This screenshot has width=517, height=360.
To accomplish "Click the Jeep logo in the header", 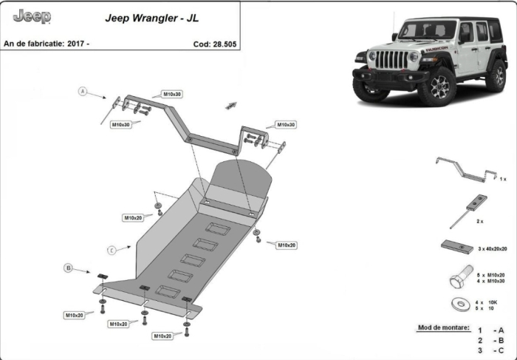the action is (x=32, y=16).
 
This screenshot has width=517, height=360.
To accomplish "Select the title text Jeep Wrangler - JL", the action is (x=152, y=18).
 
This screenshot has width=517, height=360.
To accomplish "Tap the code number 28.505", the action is (x=225, y=44).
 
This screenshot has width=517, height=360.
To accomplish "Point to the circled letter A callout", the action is (x=83, y=91).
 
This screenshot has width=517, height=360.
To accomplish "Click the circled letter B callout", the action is (x=68, y=268).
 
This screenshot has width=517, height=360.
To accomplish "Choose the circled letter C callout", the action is (x=112, y=251).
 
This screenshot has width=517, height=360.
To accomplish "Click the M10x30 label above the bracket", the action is (x=172, y=95).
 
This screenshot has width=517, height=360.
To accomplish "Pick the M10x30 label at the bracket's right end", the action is (x=286, y=125).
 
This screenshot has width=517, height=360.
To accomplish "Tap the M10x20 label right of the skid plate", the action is (x=287, y=245).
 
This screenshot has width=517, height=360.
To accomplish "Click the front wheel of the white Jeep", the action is (x=438, y=87).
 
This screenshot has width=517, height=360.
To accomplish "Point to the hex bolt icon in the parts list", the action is (x=461, y=276).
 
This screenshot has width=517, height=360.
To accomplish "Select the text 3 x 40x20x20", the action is (x=493, y=249).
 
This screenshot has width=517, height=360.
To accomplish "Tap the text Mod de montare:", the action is (x=443, y=327).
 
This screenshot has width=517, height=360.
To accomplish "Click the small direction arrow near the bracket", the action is (x=230, y=106).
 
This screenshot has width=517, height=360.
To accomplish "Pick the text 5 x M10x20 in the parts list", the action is (x=490, y=275).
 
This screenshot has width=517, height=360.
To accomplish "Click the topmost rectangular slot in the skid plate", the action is (x=218, y=228).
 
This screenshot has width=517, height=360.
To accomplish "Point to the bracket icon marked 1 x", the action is (x=467, y=169).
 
